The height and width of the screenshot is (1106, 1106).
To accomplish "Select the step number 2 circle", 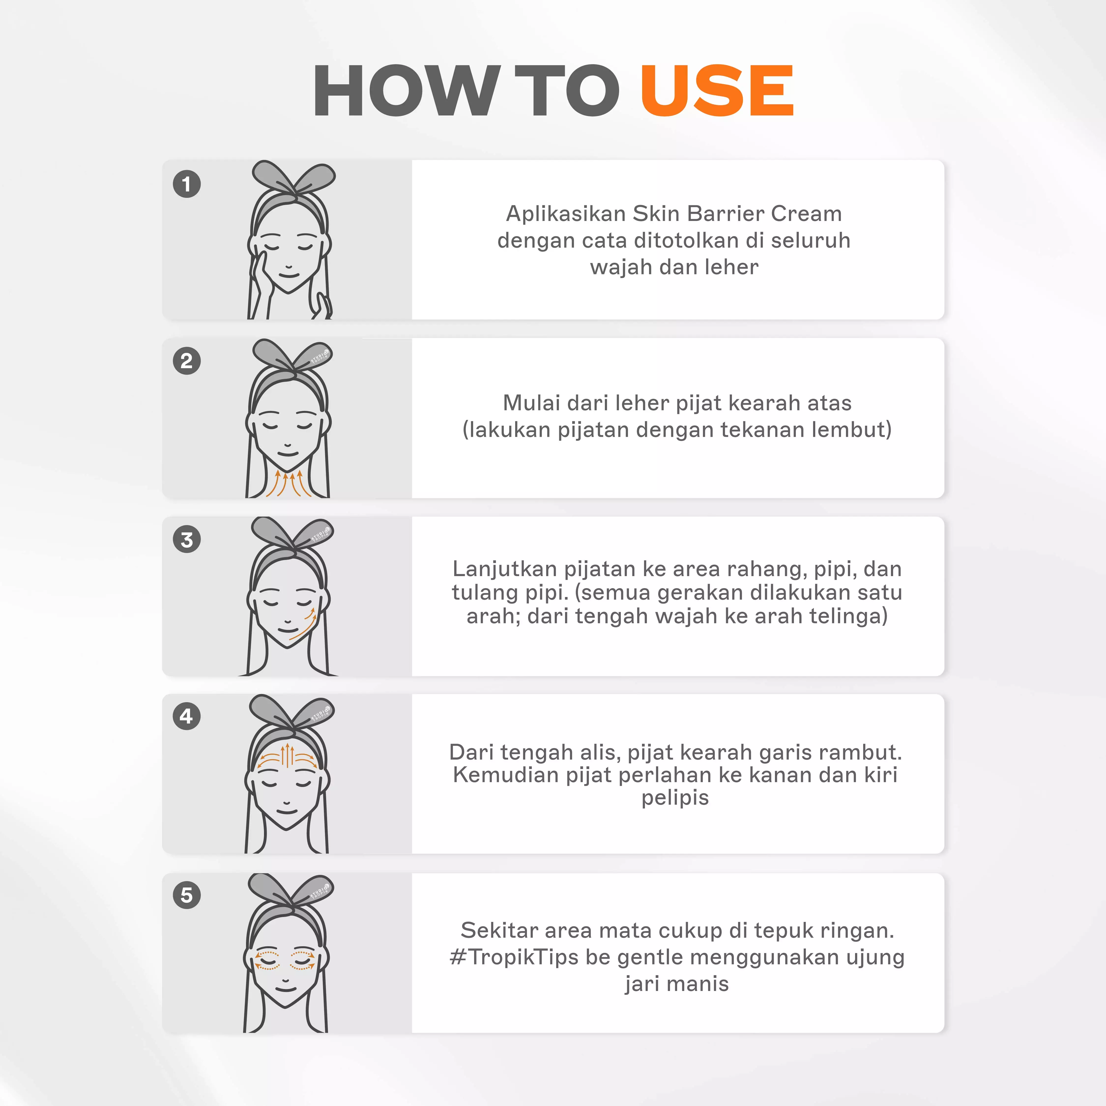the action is click(187, 361).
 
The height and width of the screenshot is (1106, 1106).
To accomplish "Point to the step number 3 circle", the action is click(187, 539).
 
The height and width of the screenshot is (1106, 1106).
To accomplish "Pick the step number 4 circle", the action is click(187, 716).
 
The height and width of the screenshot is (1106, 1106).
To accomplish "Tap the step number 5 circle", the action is click(187, 895).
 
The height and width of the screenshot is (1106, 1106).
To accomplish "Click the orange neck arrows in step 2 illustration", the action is click(289, 484).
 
